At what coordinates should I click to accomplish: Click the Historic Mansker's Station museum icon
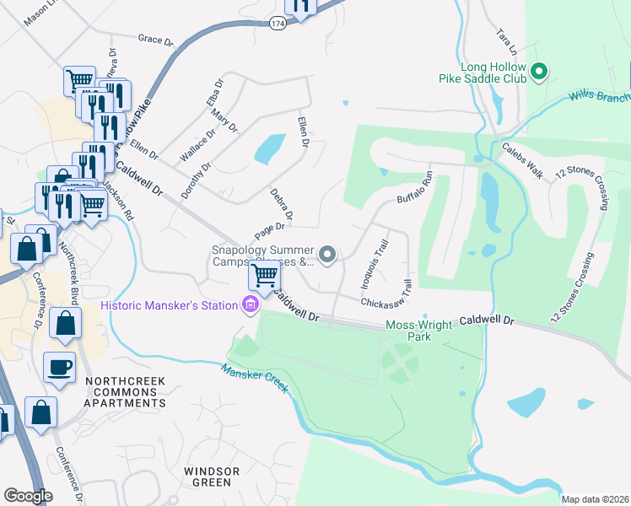coord(250,304)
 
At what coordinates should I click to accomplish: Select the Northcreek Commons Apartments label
coord(124,392)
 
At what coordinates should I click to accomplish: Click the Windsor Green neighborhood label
coord(212,476)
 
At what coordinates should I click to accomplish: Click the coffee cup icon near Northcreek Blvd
coord(59,368)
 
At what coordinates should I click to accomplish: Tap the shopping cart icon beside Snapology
coord(265,275)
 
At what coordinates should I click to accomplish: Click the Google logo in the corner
coord(28,496)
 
